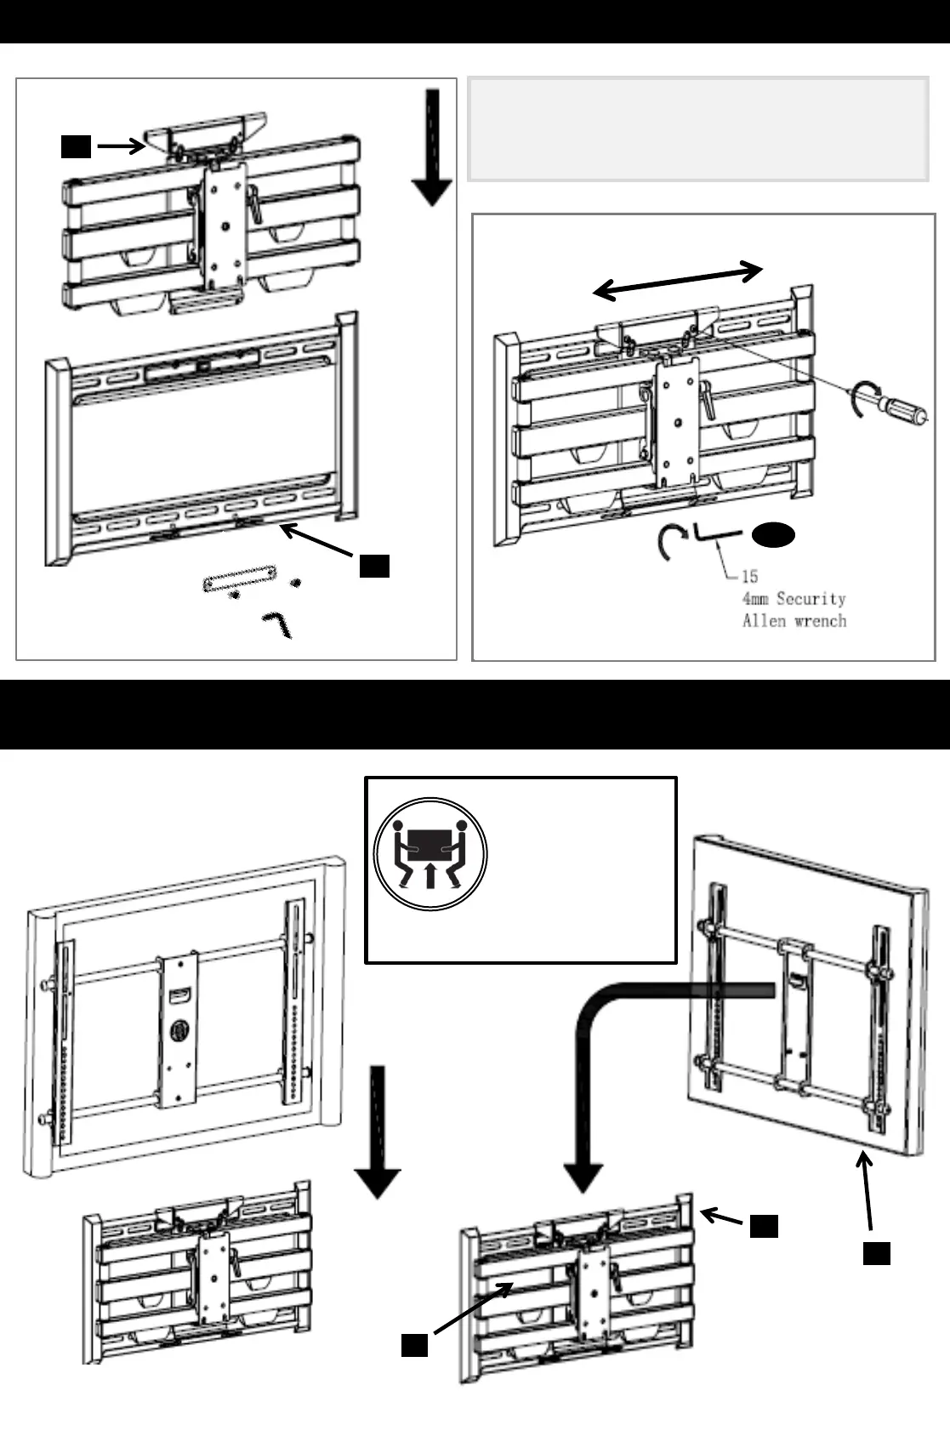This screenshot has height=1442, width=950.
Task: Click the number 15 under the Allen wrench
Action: [749, 576]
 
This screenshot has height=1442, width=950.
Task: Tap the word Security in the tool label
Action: [811, 598]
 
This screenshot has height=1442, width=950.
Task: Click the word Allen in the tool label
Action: [764, 620]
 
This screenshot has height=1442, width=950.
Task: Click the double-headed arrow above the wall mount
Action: [678, 280]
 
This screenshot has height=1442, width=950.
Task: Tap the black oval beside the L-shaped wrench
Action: [773, 535]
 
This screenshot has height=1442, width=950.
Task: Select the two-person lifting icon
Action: [430, 854]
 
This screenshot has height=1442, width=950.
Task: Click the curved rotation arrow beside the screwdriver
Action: [862, 398]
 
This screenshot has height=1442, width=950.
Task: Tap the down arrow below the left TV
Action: [378, 1131]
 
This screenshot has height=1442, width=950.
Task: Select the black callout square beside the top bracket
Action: [76, 146]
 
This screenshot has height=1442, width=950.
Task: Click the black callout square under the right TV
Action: [877, 1253]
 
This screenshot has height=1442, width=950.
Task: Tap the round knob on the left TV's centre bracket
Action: [179, 1031]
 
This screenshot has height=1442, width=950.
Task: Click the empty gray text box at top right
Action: [697, 129]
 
